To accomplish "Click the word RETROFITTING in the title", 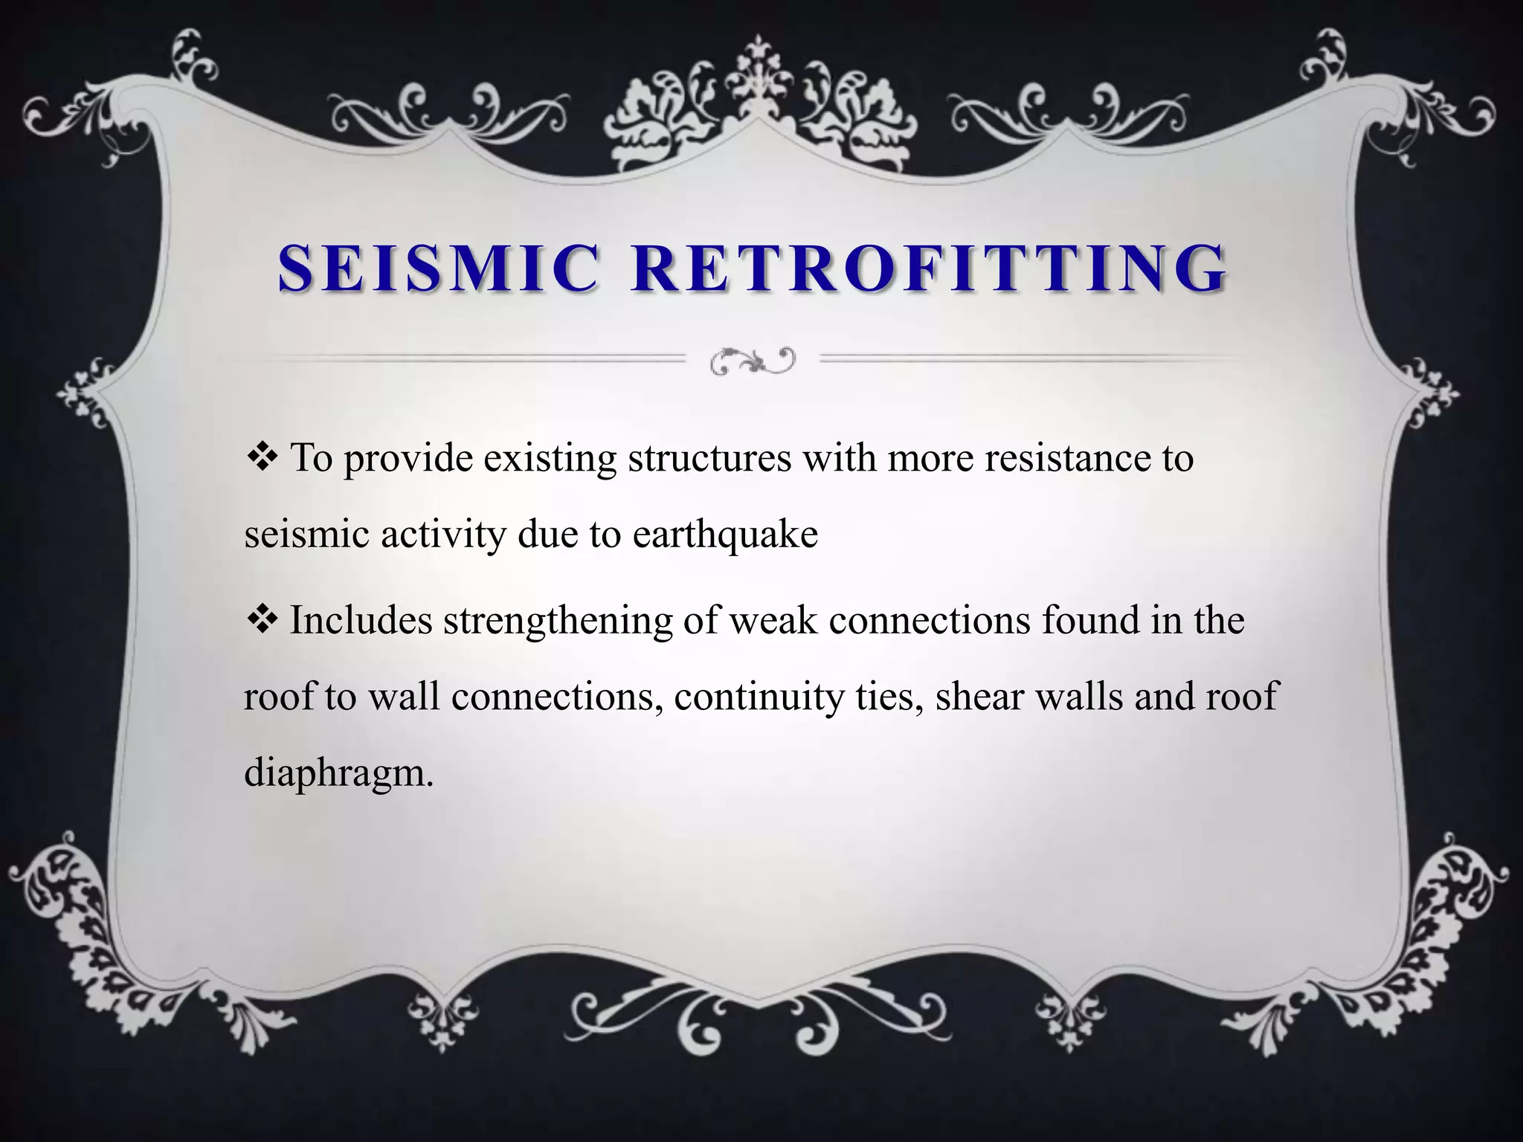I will [930, 268].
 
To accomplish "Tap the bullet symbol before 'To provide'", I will [261, 457].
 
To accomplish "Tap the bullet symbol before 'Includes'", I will [261, 619].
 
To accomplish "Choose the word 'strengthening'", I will [558, 620].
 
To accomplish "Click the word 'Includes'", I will [361, 620].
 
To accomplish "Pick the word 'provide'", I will [408, 458].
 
